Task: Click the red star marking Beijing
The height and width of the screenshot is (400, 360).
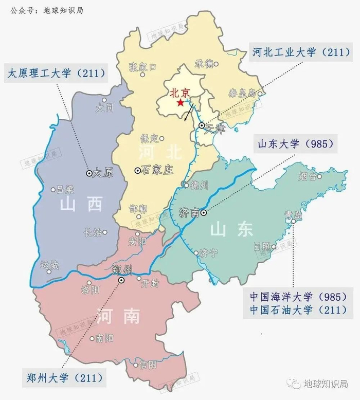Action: point(180,103)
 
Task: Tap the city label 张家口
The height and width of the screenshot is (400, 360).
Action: point(143,66)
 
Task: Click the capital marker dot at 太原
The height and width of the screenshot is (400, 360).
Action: point(89,174)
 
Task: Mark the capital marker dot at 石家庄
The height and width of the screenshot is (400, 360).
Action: point(137,171)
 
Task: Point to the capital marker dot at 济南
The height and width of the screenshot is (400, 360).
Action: point(204,212)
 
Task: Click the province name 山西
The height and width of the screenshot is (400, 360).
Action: point(81,205)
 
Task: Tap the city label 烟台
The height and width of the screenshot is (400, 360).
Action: point(308,177)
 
